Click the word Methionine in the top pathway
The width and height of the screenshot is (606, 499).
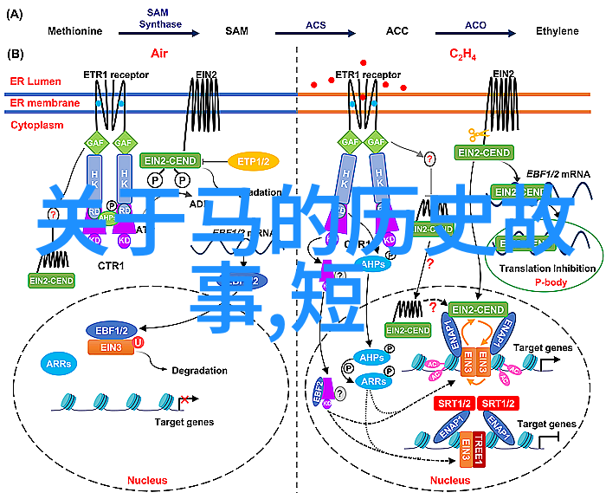click(74, 31)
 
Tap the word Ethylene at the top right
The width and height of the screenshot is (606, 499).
click(557, 31)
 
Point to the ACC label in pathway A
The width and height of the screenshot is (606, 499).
click(396, 31)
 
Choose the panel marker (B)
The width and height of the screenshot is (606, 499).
click(16, 54)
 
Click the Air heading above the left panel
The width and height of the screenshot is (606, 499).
click(158, 54)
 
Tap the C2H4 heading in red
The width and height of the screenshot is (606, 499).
click(461, 55)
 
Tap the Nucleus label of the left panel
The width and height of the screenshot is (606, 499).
click(146, 479)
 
